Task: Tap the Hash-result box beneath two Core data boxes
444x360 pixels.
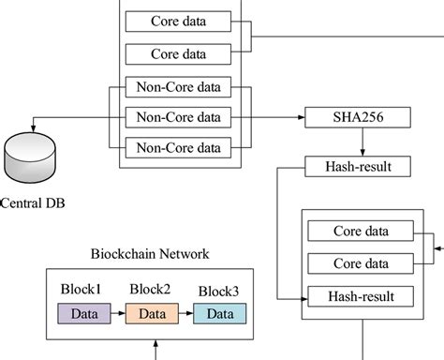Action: [360, 296]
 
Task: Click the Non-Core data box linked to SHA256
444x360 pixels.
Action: [178, 117]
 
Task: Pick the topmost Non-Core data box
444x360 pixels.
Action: [178, 88]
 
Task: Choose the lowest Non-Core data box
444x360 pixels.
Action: [178, 147]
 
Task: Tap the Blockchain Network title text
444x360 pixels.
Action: [149, 253]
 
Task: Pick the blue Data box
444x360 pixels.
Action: [220, 313]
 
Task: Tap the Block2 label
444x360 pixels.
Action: [151, 289]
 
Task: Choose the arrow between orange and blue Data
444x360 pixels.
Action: [185, 313]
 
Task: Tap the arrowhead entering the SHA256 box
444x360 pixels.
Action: [302, 117]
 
